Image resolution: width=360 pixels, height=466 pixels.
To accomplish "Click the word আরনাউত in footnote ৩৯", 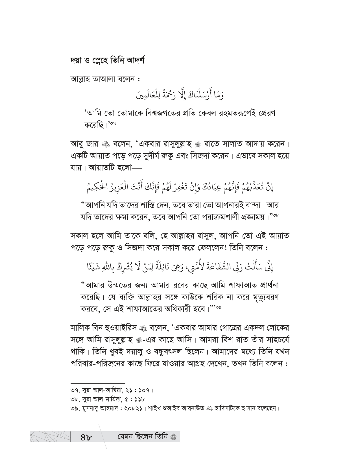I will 188,408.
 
